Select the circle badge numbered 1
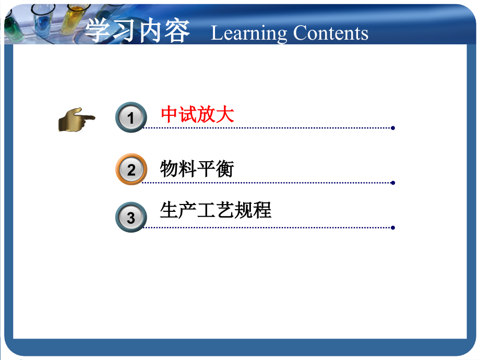131,117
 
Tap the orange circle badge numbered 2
131,169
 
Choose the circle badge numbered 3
131,217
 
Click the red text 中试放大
197,115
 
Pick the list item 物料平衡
197,169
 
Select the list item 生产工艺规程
215,210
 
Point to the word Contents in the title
330,33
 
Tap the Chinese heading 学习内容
137,31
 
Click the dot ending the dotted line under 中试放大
392,128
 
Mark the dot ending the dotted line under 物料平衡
392,183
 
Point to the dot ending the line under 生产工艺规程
392,227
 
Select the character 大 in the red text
225,115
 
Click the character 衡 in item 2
225,169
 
